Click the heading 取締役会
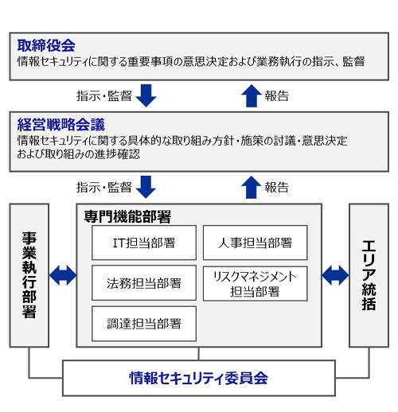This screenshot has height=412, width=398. [x=46, y=45]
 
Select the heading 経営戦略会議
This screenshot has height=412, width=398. [x=61, y=124]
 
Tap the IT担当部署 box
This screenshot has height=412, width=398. [x=144, y=243]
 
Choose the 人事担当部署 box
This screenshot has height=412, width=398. [x=256, y=243]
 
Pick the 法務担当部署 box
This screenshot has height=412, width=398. [x=144, y=283]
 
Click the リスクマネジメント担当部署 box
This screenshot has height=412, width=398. [x=256, y=284]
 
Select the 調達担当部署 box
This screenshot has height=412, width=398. [x=144, y=324]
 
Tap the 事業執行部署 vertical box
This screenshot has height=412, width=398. [x=29, y=275]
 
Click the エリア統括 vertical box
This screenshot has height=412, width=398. [x=369, y=275]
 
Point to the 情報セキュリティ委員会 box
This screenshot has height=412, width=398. [x=199, y=378]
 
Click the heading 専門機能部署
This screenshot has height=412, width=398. [x=127, y=216]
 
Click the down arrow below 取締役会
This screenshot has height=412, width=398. [x=146, y=95]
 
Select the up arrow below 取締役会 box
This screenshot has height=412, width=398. [x=252, y=95]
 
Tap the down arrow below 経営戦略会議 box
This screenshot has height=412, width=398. [x=146, y=187]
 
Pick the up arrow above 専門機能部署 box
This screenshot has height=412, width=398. [x=252, y=187]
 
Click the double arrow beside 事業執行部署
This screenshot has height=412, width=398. [x=63, y=275]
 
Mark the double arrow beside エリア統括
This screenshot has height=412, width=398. [x=335, y=275]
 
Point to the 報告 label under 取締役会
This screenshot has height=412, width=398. [x=277, y=95]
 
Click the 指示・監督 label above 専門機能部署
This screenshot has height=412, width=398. [x=104, y=187]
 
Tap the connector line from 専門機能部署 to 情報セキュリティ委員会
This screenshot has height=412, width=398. [x=199, y=353]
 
